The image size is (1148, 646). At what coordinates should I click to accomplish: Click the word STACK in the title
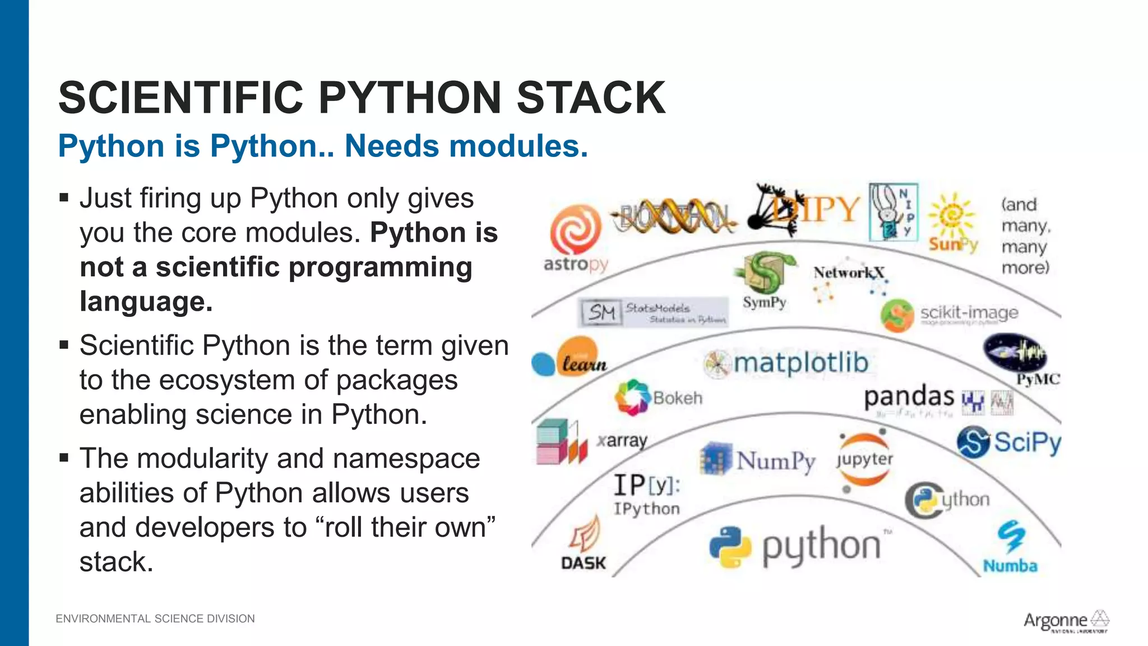point(591,98)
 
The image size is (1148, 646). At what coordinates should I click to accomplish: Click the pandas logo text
point(909,396)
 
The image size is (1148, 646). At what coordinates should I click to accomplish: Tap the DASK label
point(583,563)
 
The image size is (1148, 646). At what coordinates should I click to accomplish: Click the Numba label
point(1010,566)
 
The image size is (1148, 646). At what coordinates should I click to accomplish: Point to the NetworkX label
point(848,273)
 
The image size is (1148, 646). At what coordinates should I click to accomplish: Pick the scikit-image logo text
point(969,312)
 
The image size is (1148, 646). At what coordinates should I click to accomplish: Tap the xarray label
point(622,441)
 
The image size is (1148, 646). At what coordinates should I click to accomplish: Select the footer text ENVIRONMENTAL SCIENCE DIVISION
point(155,619)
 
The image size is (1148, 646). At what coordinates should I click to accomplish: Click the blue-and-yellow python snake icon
point(730,547)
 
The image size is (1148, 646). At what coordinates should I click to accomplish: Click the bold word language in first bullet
point(146,302)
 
